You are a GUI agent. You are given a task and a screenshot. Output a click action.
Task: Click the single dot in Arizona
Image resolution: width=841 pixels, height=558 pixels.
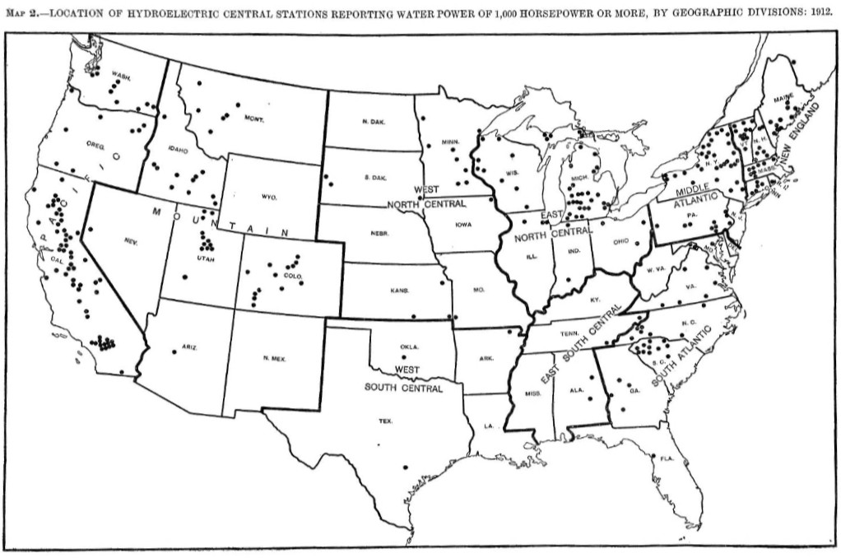coord(174,351)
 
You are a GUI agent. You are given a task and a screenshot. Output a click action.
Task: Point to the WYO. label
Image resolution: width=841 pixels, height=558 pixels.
coord(269,197)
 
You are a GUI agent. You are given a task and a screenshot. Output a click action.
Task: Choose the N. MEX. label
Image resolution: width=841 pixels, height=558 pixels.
coord(274,358)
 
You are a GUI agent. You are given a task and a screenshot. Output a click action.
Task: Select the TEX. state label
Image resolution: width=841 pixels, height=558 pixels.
coord(386,421)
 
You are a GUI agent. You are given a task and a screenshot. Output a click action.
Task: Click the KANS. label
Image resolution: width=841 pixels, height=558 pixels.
coord(398,291)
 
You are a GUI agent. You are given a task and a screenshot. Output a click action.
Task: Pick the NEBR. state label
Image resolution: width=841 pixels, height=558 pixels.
coord(379,233)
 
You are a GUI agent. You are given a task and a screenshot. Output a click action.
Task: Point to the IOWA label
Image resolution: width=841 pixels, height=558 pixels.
coord(463,223)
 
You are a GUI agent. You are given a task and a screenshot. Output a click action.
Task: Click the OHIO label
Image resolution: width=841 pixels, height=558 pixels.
coord(621,241)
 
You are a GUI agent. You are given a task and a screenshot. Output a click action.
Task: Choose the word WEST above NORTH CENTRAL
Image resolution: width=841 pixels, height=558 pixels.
coord(426,190)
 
